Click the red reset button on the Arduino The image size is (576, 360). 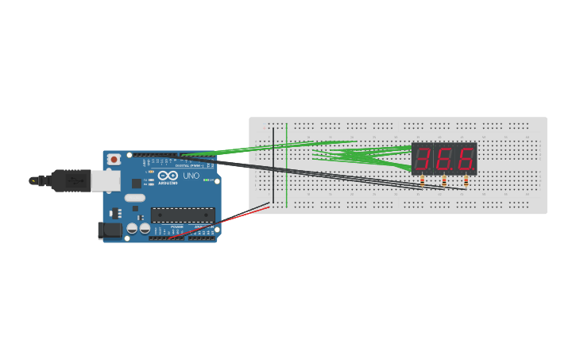click(x=114, y=160)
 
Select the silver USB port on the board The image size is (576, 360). click(x=105, y=181)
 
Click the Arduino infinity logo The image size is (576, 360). click(x=168, y=176)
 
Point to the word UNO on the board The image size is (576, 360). click(x=191, y=176)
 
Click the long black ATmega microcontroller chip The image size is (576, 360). click(x=183, y=215)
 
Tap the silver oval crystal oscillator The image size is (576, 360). click(x=135, y=198)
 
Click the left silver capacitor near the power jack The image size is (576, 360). click(x=132, y=229)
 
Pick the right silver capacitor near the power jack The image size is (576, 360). click(x=145, y=229)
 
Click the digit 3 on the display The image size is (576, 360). click(x=423, y=159)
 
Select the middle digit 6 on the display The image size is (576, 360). click(x=444, y=159)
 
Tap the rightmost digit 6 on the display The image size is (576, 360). click(x=466, y=159)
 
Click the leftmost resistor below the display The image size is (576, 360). click(x=422, y=181)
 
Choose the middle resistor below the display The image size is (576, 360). click(x=444, y=181)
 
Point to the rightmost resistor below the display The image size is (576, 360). click(x=466, y=181)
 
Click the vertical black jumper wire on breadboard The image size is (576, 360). click(x=273, y=167)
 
